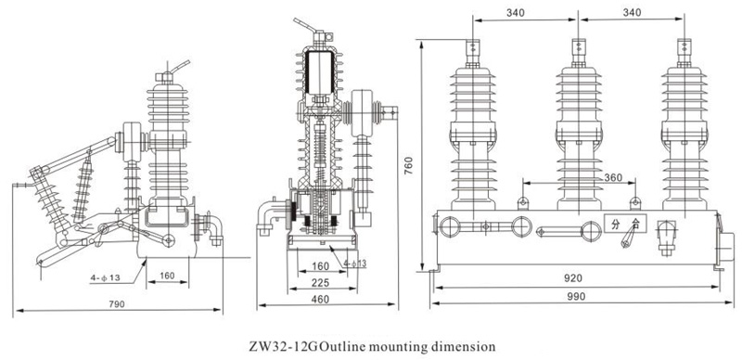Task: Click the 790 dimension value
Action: tap(117, 304)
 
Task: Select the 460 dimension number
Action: tap(320, 299)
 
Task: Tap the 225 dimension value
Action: tap(321, 283)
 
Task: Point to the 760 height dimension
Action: tap(409, 165)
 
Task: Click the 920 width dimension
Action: tap(573, 278)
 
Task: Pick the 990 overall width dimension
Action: tap(576, 297)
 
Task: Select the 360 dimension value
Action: tap(614, 177)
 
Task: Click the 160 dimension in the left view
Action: tap(167, 276)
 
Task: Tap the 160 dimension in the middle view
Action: tap(321, 266)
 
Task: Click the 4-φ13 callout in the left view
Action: tap(105, 277)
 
